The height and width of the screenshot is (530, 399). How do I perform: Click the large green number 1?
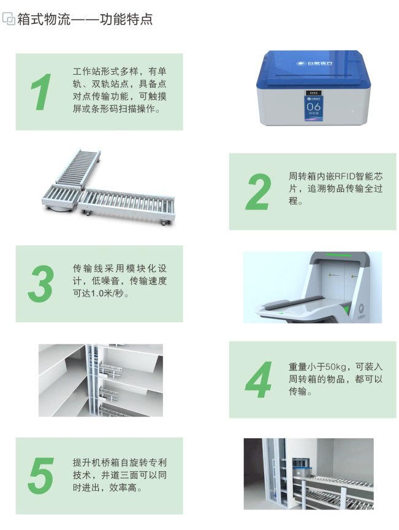click(41, 92)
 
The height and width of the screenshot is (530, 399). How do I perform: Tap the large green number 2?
click(259, 191)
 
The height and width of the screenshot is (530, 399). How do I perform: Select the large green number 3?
click(40, 284)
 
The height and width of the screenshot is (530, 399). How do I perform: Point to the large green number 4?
click(258, 379)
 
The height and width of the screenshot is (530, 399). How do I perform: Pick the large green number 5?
click(41, 475)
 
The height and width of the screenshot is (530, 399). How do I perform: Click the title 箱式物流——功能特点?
click(85, 19)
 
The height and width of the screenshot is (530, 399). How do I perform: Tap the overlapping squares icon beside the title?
click(9, 18)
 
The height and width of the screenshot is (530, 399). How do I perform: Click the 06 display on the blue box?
click(313, 107)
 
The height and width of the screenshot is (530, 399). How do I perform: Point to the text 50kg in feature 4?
click(336, 367)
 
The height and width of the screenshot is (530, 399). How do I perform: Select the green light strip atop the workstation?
click(338, 254)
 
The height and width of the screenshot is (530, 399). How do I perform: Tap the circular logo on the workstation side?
click(361, 308)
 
